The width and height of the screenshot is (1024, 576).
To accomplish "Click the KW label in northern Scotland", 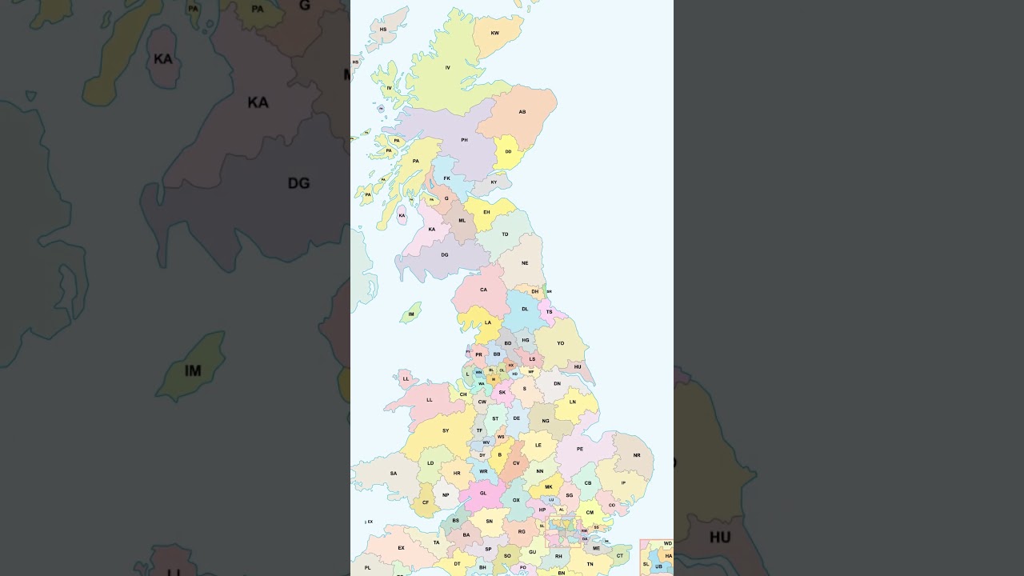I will (494, 33).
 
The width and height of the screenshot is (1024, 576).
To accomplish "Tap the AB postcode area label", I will (522, 112).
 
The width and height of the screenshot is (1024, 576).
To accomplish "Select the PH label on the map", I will (464, 140).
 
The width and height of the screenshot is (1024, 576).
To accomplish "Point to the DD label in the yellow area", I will (508, 151).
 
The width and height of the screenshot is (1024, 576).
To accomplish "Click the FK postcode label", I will (446, 178).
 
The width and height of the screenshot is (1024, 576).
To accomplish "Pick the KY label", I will (494, 182).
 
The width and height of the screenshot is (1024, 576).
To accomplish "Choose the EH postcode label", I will (486, 212).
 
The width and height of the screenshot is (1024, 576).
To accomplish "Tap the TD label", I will (505, 234).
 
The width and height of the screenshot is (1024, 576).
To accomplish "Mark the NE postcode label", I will (525, 263).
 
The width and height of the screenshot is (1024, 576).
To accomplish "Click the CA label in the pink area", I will (483, 290).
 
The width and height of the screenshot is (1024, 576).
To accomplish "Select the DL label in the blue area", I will (525, 309).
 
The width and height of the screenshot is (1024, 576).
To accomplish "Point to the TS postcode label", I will (549, 312).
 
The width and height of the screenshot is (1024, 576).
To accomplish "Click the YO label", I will (560, 343).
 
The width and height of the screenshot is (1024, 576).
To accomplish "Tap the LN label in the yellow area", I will (572, 402).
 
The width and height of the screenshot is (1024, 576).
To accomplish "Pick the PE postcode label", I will (580, 449).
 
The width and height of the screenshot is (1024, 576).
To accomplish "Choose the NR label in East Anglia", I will (637, 455).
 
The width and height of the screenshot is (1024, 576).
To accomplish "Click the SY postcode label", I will (446, 430).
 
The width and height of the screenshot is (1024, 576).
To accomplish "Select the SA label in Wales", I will (393, 473).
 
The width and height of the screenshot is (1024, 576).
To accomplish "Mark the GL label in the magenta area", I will (483, 493).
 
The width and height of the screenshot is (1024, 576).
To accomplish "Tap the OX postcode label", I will (516, 500).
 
